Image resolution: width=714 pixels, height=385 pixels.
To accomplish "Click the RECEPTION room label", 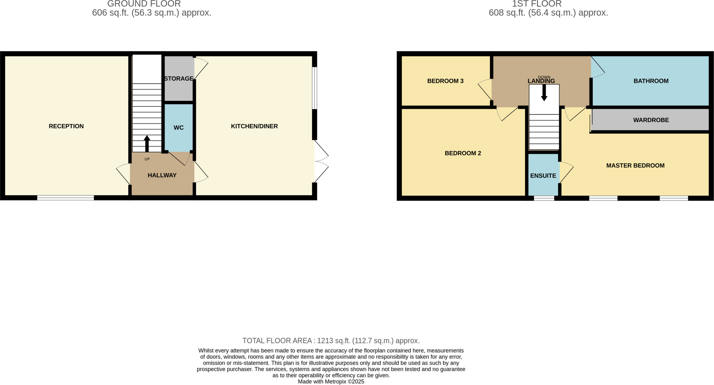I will pyautogui.click(x=66, y=126).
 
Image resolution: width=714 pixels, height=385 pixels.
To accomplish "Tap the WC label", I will pyautogui.click(x=178, y=128).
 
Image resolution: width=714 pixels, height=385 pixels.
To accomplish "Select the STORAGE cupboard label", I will pyautogui.click(x=178, y=78).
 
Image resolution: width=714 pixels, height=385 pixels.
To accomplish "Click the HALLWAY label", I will pyautogui.click(x=162, y=175).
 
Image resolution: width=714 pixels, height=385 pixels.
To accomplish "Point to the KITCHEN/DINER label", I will pyautogui.click(x=254, y=126).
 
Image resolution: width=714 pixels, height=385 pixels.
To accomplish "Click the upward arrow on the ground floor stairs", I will pyautogui.click(x=147, y=143).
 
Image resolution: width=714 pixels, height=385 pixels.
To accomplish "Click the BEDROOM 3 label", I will pyautogui.click(x=445, y=81).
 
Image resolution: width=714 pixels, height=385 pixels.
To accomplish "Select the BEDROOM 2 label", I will pyautogui.click(x=463, y=153).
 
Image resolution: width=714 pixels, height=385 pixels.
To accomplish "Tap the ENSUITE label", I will pyautogui.click(x=543, y=176).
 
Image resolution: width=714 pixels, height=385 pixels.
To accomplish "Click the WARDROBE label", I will pyautogui.click(x=651, y=120).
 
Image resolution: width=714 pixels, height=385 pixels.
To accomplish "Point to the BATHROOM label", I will pyautogui.click(x=651, y=81).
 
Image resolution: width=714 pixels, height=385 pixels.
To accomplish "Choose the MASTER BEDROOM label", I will pyautogui.click(x=635, y=166).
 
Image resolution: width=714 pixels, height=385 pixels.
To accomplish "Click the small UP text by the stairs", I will pyautogui.click(x=147, y=159).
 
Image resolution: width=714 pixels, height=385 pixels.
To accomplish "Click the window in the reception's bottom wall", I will pyautogui.click(x=66, y=198).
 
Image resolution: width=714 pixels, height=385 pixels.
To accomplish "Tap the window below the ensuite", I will pyautogui.click(x=544, y=198).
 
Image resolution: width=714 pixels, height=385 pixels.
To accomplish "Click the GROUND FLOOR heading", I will pyautogui.click(x=144, y=4).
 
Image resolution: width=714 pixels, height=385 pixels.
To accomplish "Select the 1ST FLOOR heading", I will pyautogui.click(x=537, y=4).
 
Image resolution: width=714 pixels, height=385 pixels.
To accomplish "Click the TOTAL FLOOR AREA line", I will pyautogui.click(x=331, y=341).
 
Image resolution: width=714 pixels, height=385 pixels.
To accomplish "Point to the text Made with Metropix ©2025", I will pyautogui.click(x=331, y=382).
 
